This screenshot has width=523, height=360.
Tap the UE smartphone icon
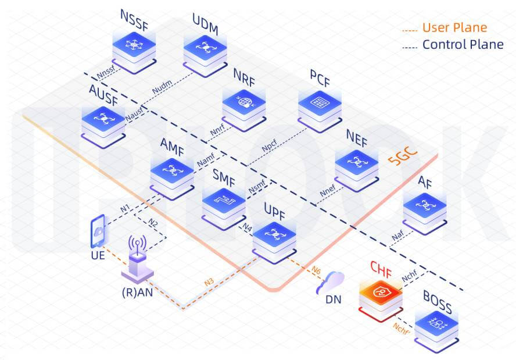tap(98, 230)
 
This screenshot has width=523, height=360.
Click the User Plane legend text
tap(454, 27)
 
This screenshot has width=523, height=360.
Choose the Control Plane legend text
tap(463, 44)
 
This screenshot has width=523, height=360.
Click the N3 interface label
tap(209, 283)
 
